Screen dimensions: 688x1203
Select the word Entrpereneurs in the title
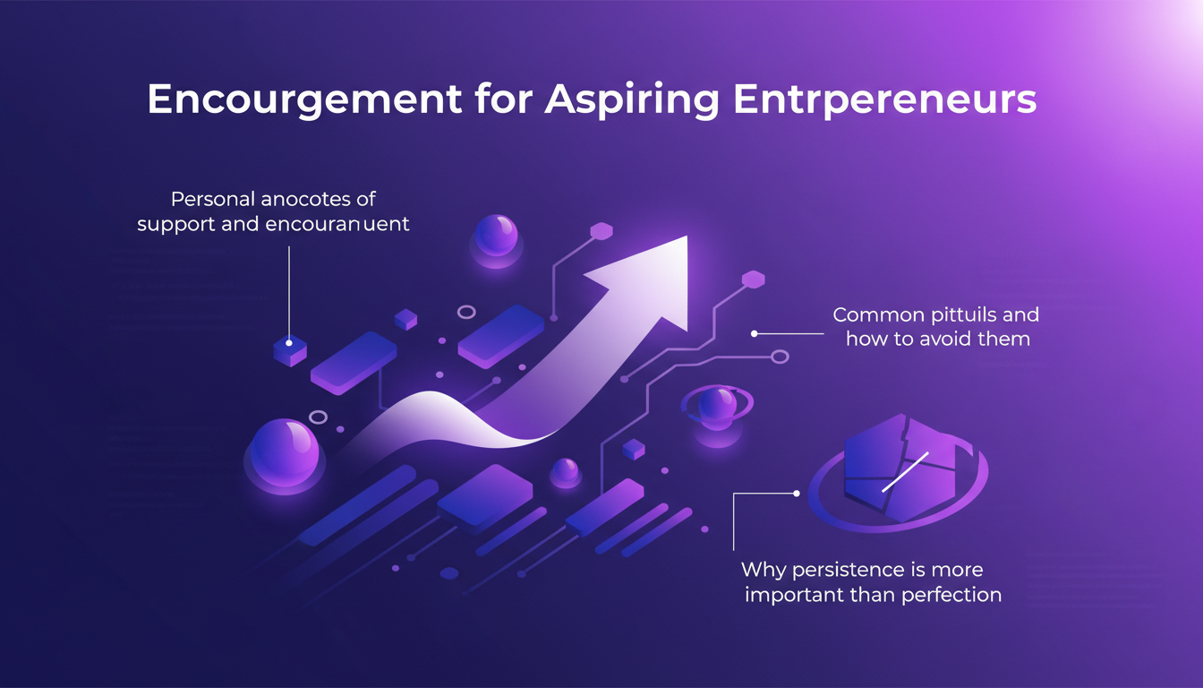pos(884,100)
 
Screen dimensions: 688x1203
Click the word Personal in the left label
pos(210,198)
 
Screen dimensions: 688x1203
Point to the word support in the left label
pos(175,223)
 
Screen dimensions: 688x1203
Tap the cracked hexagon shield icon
pos(898,468)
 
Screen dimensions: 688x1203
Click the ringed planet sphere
pos(716,406)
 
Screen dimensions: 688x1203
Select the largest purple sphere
pos(282,452)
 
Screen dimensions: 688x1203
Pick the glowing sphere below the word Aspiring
pos(495,236)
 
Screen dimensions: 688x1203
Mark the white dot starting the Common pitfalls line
pos(755,333)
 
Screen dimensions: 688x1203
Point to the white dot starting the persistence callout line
pos(796,493)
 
